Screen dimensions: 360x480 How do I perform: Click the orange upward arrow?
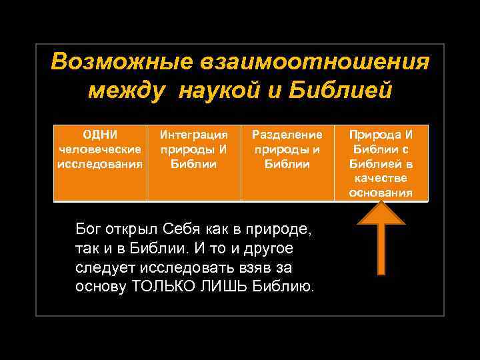coord(381,239)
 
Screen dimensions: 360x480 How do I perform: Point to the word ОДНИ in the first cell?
coord(100,134)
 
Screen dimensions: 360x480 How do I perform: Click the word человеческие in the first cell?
coord(100,149)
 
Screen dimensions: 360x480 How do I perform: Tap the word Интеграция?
coord(193,134)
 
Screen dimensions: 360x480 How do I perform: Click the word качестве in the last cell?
coord(381,178)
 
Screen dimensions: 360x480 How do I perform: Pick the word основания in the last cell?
coord(381,193)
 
